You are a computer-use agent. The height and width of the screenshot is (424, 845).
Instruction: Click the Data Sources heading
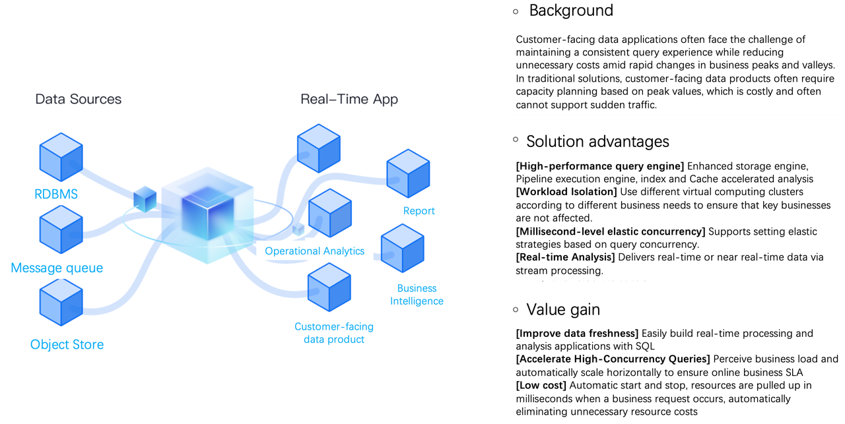(x=78, y=99)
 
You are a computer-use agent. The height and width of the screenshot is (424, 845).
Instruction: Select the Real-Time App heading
(x=349, y=99)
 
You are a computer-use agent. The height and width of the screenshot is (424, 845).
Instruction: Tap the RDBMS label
(x=56, y=194)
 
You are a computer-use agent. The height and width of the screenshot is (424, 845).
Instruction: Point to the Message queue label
(x=57, y=268)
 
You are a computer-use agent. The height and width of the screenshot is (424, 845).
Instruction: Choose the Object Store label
(x=67, y=344)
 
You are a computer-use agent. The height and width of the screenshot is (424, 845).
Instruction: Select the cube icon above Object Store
(x=61, y=303)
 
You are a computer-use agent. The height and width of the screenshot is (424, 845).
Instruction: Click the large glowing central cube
(x=207, y=215)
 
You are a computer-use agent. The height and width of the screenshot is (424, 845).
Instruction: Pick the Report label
(x=419, y=211)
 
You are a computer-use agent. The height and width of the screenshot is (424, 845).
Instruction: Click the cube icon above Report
(x=408, y=173)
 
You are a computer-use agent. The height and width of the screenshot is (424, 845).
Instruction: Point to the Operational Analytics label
(x=315, y=251)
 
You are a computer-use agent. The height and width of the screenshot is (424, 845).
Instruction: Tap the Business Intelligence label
(x=417, y=295)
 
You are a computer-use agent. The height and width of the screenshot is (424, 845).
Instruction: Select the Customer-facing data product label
(x=334, y=333)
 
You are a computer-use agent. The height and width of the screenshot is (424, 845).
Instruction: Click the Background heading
(x=571, y=11)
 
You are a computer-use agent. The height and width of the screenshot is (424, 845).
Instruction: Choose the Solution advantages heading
(x=597, y=141)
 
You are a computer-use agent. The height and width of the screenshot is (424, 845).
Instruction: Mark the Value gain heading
(x=563, y=309)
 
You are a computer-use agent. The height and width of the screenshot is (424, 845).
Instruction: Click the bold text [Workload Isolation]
(x=566, y=192)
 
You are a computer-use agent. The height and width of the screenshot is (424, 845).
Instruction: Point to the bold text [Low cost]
(x=541, y=385)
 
